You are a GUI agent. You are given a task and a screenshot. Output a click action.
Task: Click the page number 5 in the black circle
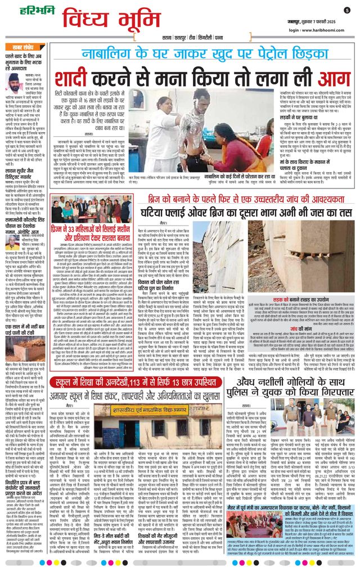(x=347, y=10)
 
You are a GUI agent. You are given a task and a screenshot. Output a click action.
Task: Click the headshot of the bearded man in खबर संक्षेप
(x=14, y=82)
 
